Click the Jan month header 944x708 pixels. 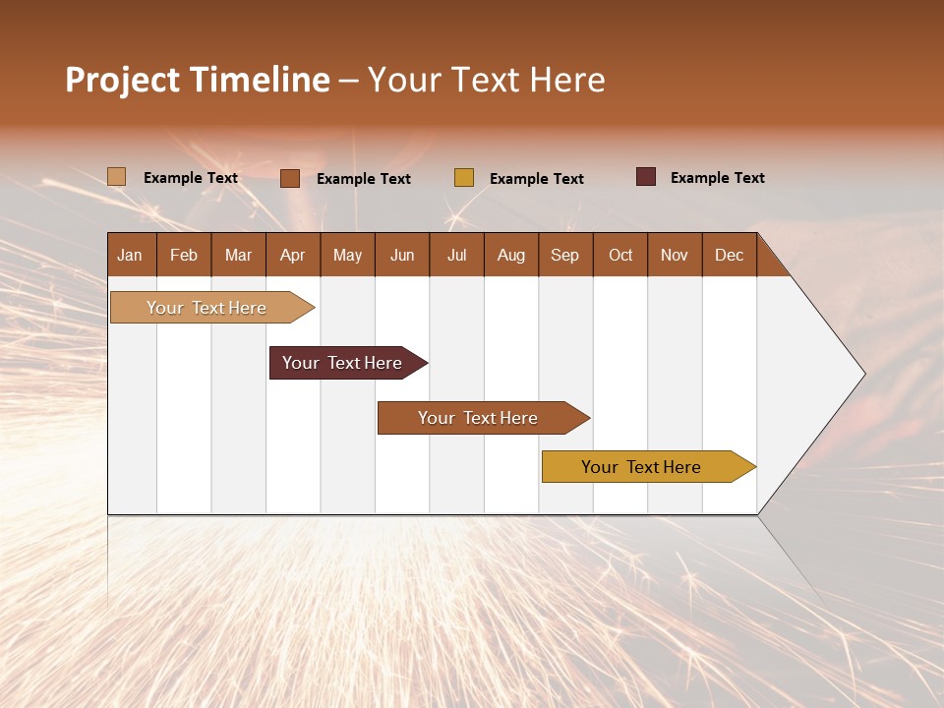(x=130, y=255)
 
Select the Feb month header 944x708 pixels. (x=184, y=255)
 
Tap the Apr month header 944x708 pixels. (x=292, y=255)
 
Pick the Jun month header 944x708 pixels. (x=402, y=255)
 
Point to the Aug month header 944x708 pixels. (x=510, y=255)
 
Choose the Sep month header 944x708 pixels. (x=564, y=255)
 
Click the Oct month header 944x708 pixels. (x=620, y=255)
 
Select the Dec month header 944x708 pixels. (x=729, y=255)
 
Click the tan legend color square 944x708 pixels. (x=117, y=177)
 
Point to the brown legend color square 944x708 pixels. (x=290, y=178)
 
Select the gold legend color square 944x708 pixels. (x=464, y=178)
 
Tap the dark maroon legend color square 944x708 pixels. (x=646, y=177)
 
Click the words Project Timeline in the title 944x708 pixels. (x=197, y=80)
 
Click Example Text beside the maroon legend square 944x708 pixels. (x=717, y=178)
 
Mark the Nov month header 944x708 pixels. (x=675, y=255)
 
